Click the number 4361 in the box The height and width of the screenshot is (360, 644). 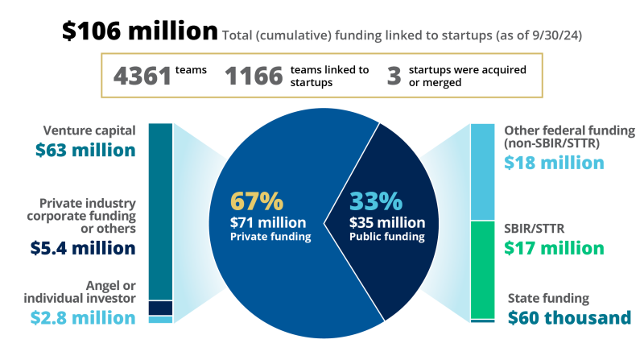[x=142, y=77]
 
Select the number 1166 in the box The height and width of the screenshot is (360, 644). [x=254, y=77]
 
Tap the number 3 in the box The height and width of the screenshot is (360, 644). [x=394, y=77]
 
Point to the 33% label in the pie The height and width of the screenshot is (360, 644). [x=375, y=201]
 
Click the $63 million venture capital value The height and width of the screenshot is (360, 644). [x=85, y=150]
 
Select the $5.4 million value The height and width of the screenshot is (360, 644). [x=85, y=248]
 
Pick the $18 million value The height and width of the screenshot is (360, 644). [x=554, y=162]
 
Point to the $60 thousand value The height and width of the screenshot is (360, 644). [x=569, y=317]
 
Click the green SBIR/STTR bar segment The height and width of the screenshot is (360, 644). [x=483, y=269]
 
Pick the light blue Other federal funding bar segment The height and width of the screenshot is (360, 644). [x=483, y=172]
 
